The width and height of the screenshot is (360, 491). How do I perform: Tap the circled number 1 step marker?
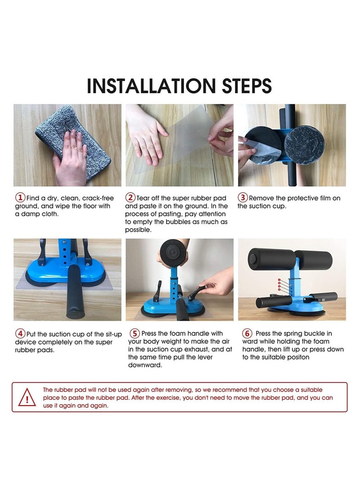point(20,198)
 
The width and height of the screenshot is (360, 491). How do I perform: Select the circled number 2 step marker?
point(130,198)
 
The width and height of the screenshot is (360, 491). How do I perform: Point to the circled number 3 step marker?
point(243,198)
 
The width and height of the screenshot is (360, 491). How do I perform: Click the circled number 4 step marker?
point(20,334)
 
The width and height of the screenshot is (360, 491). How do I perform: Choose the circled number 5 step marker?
point(135,334)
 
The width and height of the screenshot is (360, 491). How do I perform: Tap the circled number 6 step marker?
point(247,334)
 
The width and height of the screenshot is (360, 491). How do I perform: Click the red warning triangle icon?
point(27,397)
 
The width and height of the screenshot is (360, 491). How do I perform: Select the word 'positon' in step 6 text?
point(293,357)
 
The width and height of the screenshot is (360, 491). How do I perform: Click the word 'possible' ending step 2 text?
point(139,230)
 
